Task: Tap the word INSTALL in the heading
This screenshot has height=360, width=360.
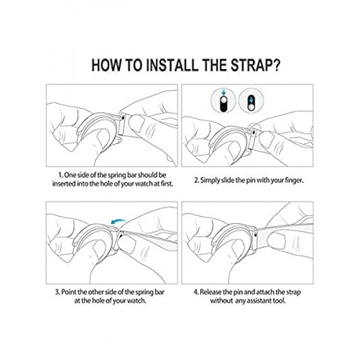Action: tap(172, 65)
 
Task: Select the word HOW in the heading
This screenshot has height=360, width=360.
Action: tap(106, 65)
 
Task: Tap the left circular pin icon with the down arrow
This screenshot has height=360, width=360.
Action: tap(223, 101)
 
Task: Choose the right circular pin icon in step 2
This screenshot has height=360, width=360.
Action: tap(251, 101)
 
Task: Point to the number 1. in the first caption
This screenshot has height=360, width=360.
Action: tap(61, 175)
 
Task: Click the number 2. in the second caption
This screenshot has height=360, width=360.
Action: tap(197, 181)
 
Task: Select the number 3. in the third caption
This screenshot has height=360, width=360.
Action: tap(58, 292)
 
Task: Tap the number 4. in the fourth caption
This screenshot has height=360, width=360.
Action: tap(196, 292)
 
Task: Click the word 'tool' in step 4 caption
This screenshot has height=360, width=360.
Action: tap(279, 301)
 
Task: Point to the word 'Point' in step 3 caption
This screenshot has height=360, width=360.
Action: tap(68, 292)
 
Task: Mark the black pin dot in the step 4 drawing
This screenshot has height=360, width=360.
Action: tap(256, 235)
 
